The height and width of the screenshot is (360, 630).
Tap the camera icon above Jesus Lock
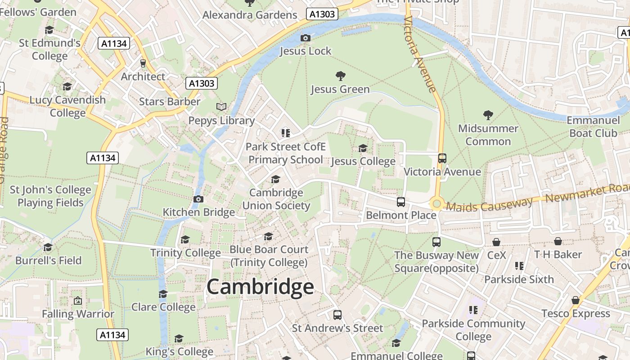(x=306, y=38)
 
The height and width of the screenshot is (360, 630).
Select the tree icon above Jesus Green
(x=340, y=76)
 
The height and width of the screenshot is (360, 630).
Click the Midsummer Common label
(x=488, y=135)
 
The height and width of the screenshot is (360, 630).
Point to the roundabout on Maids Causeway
(x=436, y=204)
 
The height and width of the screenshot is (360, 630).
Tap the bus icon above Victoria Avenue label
(x=442, y=158)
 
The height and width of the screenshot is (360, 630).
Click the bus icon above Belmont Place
(x=401, y=202)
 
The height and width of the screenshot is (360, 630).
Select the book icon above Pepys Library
(x=221, y=107)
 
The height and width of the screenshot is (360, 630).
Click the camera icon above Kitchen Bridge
(x=198, y=199)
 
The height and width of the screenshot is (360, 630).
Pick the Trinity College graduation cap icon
(x=185, y=239)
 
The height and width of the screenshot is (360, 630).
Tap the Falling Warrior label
(x=78, y=314)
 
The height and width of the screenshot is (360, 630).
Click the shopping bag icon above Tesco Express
(x=576, y=300)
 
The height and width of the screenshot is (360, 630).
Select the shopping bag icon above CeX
(x=496, y=242)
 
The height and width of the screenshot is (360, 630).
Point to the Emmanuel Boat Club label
(x=593, y=126)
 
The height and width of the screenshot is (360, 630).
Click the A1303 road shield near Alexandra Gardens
(x=322, y=14)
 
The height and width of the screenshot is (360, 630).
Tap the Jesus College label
(x=363, y=161)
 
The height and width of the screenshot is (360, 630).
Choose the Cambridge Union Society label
(x=276, y=199)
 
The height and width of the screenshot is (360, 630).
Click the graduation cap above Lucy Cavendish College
(x=67, y=86)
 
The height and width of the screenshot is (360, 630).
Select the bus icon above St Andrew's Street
(x=337, y=315)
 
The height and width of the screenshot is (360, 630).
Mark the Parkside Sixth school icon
(x=519, y=266)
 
